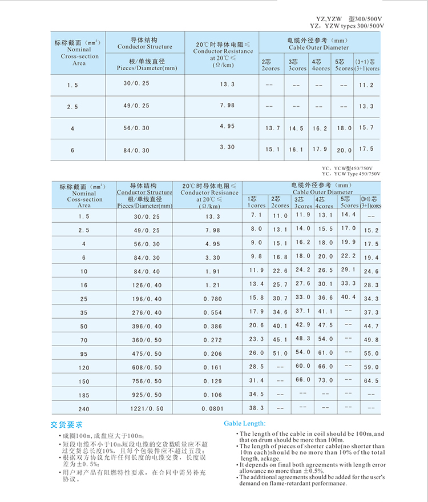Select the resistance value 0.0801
click(212, 409)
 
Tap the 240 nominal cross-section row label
click(84, 409)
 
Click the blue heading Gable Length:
click(244, 423)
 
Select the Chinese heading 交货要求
click(67, 425)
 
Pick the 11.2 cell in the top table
click(366, 85)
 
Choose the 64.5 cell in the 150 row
click(371, 381)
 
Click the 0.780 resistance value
click(212, 299)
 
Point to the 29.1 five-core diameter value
click(348, 270)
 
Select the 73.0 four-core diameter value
click(325, 380)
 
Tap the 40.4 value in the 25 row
click(348, 297)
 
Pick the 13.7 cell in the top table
click(272, 128)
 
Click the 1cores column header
click(256, 205)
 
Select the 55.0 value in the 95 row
click(371, 354)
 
